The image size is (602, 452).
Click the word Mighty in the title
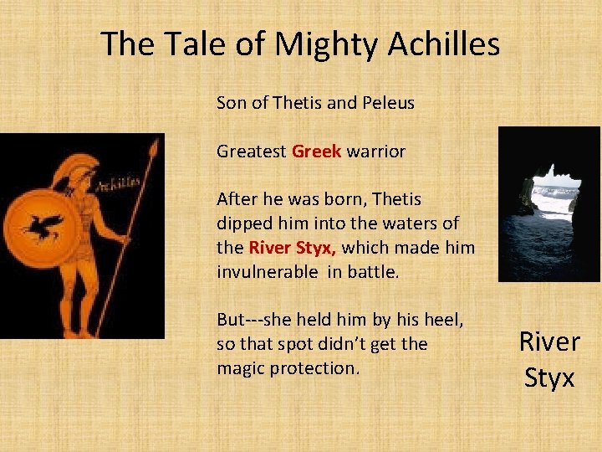click(x=312, y=44)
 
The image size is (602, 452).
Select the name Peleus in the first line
click(x=389, y=103)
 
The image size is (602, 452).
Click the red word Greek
click(x=316, y=152)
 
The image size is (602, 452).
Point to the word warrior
click(x=376, y=152)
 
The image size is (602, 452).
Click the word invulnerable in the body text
click(x=267, y=272)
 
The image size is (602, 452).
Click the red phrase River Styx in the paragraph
click(x=293, y=248)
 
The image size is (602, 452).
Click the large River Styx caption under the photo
click(x=549, y=359)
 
